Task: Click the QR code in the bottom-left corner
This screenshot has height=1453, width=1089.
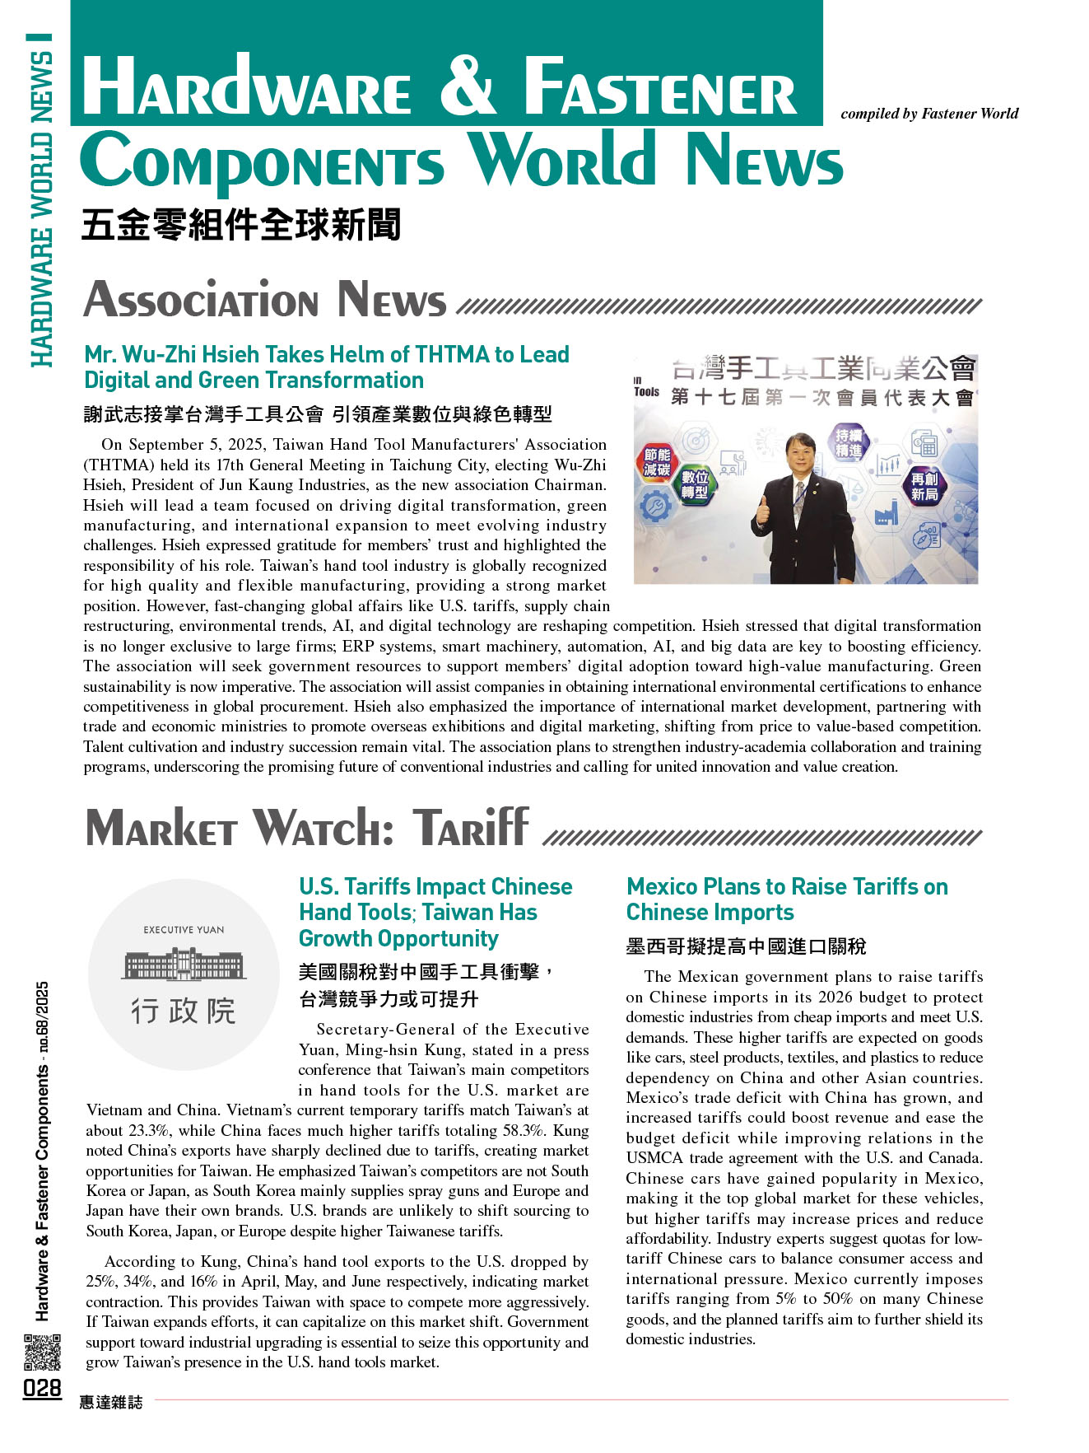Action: point(41,1353)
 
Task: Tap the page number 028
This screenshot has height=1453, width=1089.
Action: point(42,1389)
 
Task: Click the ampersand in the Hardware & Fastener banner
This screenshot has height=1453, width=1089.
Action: point(468,86)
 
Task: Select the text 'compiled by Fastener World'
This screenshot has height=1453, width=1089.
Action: point(929,114)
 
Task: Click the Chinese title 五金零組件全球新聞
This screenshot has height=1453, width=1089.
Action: point(241,225)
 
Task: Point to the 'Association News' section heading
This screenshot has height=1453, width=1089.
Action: point(265,300)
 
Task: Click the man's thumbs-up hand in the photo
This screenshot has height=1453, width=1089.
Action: point(761,511)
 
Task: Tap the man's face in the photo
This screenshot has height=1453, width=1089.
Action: point(801,454)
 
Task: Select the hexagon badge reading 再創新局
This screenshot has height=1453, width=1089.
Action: point(924,486)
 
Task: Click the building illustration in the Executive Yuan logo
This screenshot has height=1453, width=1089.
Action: point(184,964)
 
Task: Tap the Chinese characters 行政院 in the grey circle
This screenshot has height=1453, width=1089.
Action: point(184,1011)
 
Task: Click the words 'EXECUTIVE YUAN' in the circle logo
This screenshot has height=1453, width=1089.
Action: point(184,930)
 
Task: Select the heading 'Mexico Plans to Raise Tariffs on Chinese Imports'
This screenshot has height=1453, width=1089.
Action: point(786,899)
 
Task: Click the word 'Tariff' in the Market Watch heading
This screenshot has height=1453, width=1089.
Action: point(471,828)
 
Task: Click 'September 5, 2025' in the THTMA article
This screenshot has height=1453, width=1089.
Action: point(194,445)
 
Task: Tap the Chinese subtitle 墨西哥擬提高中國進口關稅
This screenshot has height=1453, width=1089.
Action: point(746,946)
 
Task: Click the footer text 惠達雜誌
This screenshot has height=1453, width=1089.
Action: point(111,1402)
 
